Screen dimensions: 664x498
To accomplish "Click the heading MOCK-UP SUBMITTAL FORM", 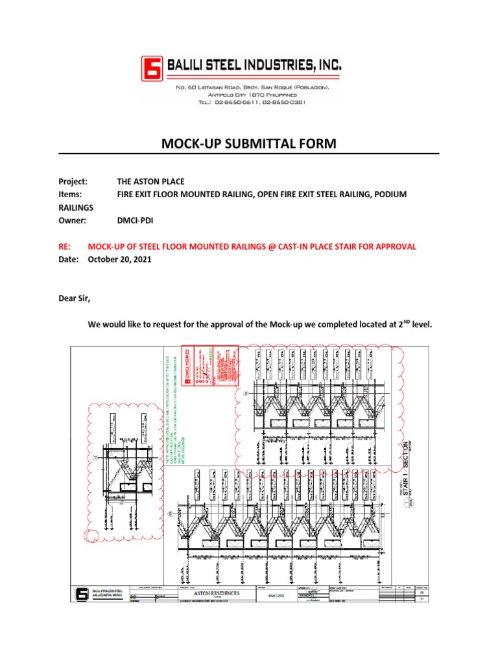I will coord(249,143).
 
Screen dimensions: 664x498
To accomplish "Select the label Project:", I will coord(73,182).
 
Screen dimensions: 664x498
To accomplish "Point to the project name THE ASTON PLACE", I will coord(150,182).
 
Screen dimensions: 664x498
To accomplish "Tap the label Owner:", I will coord(72,220).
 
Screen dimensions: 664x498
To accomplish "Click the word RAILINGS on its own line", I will coord(76,207).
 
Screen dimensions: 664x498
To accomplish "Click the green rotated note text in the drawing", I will coord(170,409).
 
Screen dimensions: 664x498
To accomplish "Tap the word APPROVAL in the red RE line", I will coord(393,246).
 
